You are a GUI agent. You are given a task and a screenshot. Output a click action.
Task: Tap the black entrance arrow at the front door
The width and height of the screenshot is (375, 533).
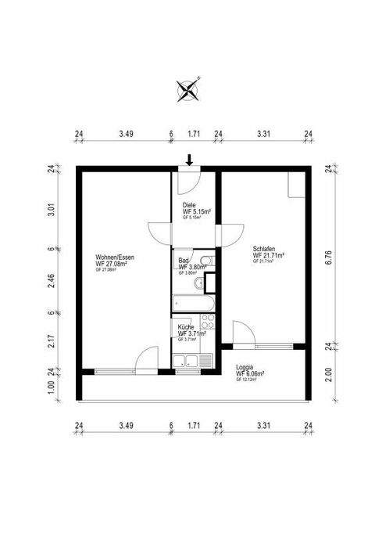tap(188, 160)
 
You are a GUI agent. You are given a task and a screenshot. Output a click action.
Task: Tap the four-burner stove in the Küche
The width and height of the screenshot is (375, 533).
tap(207, 322)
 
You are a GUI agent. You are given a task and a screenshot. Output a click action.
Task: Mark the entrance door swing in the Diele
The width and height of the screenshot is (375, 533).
tap(186, 181)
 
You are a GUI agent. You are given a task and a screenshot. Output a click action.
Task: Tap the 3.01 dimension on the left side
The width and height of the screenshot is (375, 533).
tap(51, 208)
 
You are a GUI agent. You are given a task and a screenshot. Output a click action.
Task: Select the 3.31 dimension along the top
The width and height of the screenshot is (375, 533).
tap(263, 135)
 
